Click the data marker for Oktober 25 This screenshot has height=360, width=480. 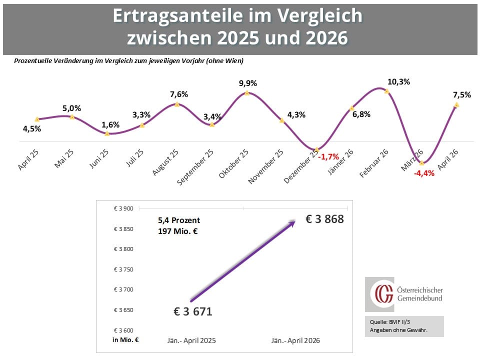[x=247, y=93]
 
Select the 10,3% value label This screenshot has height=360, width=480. [x=398, y=81]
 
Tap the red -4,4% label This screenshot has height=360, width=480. [x=423, y=174]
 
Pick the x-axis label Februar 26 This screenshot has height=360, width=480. [x=373, y=161]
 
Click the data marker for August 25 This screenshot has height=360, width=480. [x=177, y=104]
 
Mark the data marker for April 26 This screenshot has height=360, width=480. [x=456, y=104]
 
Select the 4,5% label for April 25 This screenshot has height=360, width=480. [x=31, y=128]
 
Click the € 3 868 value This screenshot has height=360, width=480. [x=325, y=218]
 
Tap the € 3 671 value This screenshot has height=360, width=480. [x=193, y=311]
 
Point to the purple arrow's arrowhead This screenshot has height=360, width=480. [x=291, y=224]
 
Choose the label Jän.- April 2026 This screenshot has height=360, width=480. [x=295, y=340]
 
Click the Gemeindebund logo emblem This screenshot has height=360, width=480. [x=379, y=294]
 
